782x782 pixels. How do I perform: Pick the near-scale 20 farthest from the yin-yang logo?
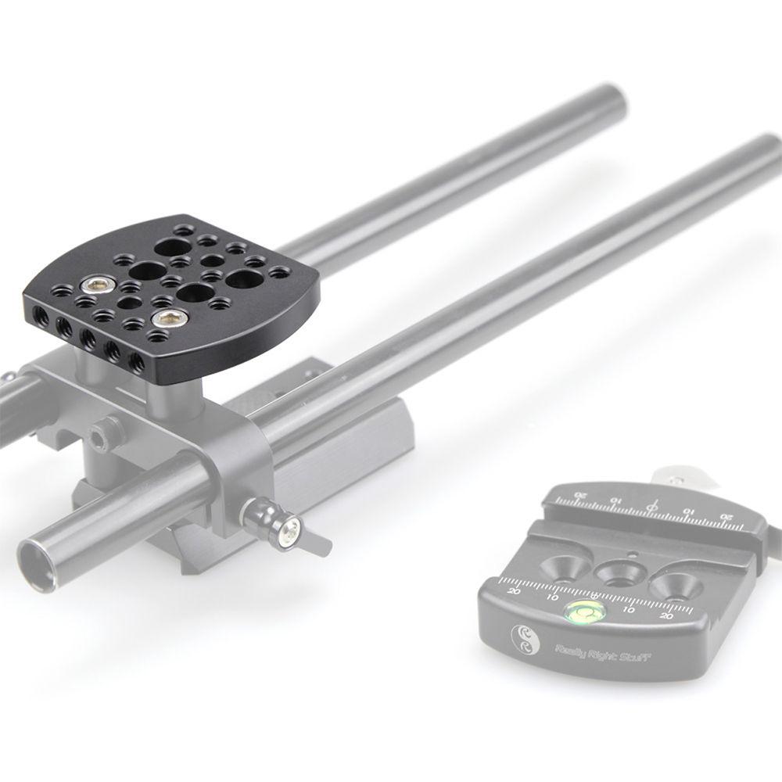tap(666, 617)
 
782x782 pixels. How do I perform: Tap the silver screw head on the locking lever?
tap(290, 532)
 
